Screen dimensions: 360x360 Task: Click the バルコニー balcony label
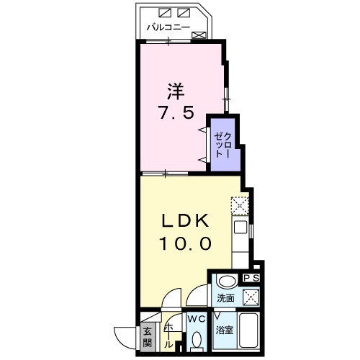pos(168,28)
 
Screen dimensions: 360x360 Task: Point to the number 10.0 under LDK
pos(184,243)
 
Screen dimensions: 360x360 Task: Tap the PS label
pos(251,279)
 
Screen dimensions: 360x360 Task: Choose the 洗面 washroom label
pos(225,297)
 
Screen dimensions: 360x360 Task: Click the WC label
pos(196,318)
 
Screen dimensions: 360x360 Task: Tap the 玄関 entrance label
pos(146,338)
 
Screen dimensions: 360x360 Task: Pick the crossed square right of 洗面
pos(251,297)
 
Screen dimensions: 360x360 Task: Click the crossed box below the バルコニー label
pos(199,35)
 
